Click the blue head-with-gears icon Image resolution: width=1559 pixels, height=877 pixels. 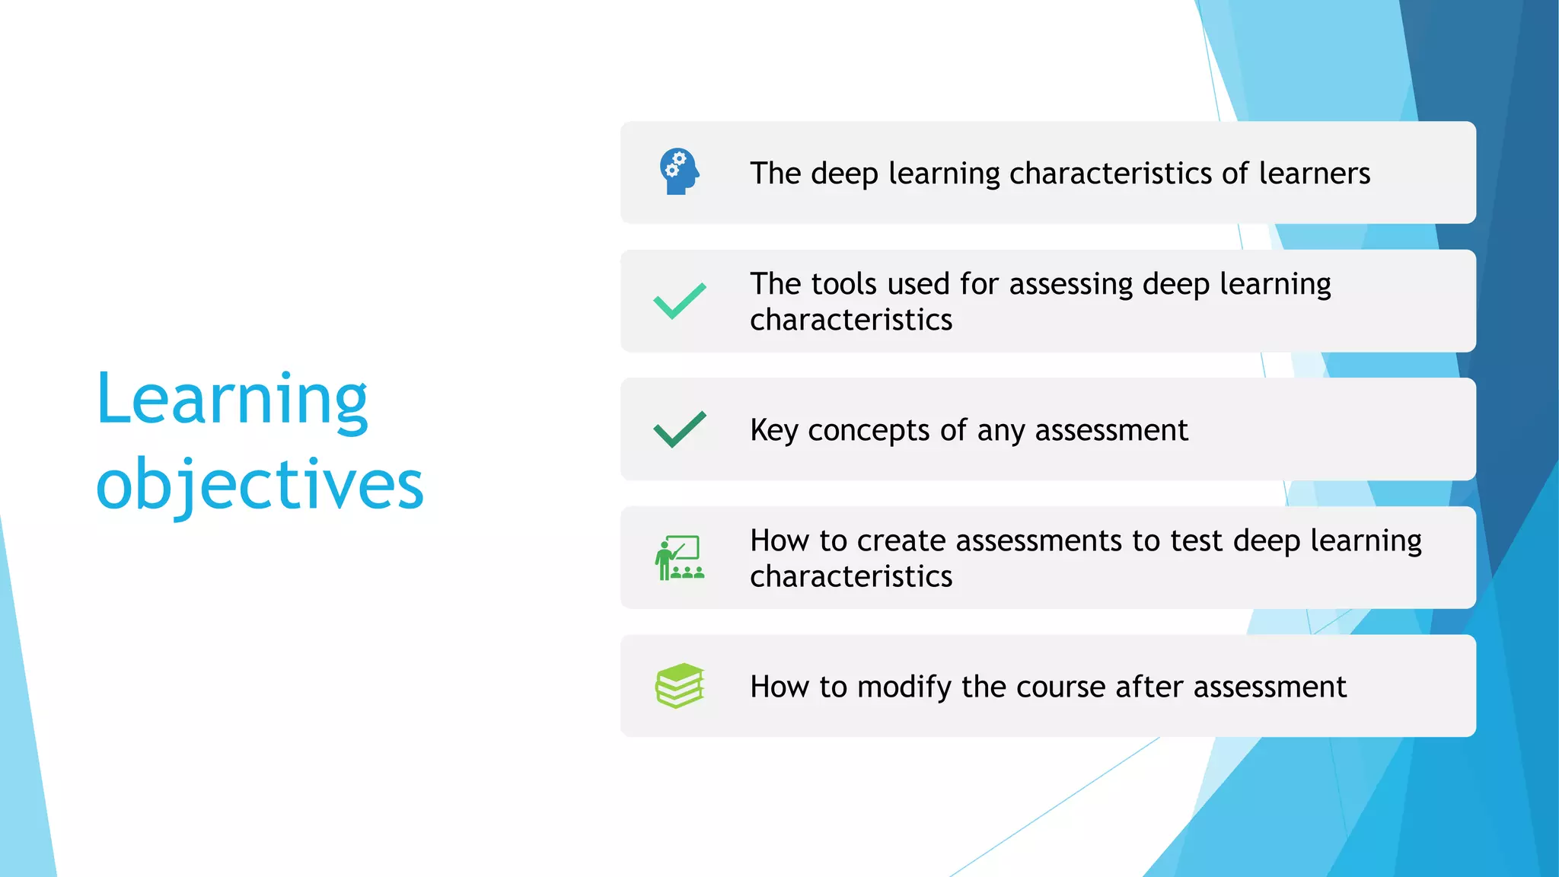679,171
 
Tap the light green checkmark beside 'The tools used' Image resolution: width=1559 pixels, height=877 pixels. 679,301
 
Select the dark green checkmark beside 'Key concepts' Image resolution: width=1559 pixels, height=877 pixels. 679,429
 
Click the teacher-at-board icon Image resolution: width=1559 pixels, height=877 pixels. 679,558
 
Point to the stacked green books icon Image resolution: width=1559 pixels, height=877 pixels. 679,686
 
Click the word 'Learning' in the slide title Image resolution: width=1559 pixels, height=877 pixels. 232,400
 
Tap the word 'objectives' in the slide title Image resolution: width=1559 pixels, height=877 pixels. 260,485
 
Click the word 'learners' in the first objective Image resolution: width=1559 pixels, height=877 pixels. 1314,174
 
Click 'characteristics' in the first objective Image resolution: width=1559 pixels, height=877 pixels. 1111,174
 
